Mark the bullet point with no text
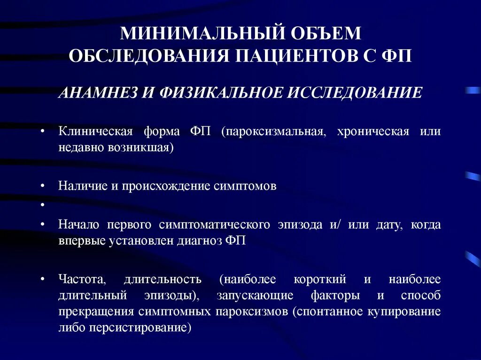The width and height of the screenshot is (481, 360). tap(42, 205)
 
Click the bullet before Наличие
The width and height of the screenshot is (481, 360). tap(42, 186)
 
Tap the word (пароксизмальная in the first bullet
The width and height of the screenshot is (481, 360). tap(269, 131)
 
